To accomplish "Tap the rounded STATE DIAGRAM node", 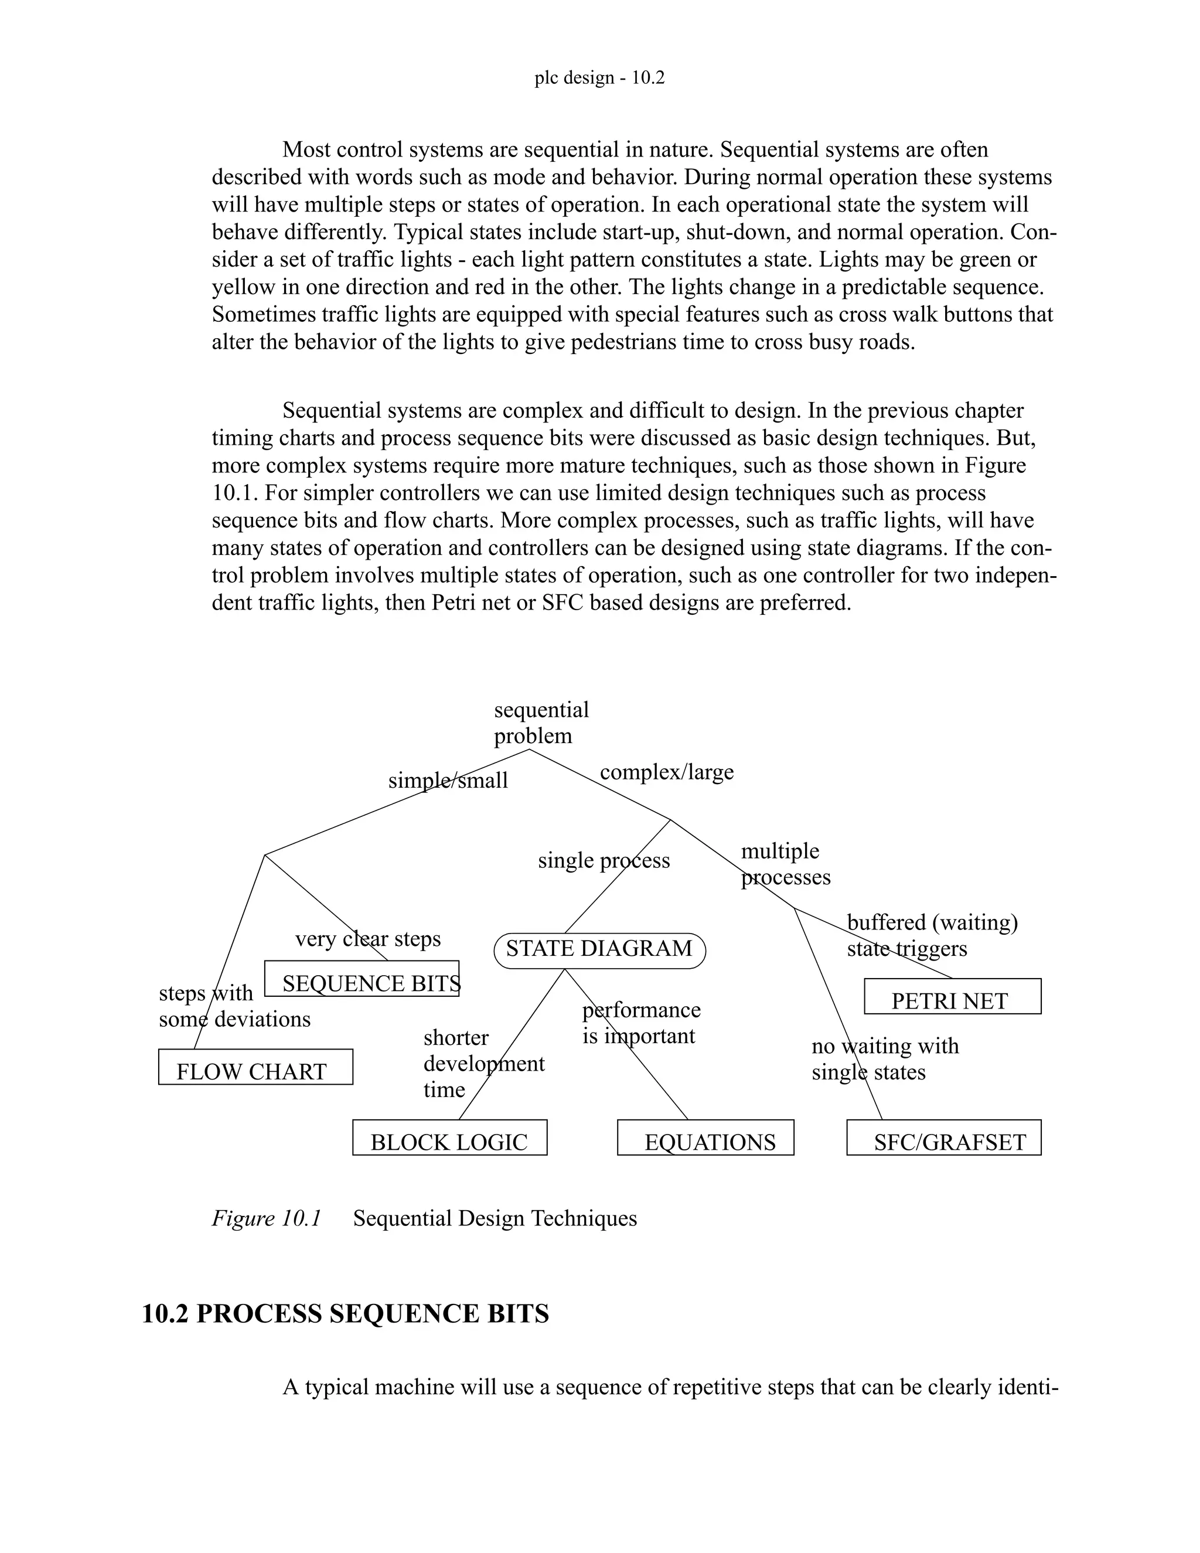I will pos(599,951).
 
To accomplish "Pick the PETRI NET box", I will pos(952,996).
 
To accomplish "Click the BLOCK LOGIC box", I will pos(449,1137).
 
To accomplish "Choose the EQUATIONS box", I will pos(705,1137).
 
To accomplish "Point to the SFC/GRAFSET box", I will pos(943,1137).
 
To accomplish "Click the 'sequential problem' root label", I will pos(540,723).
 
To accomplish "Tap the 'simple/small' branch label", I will pos(448,781).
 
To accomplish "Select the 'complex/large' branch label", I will pos(666,772).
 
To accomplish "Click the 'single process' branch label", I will pos(604,860).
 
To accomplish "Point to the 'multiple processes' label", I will pos(785,864).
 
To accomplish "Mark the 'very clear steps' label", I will pos(367,939).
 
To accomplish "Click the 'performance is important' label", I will pos(640,1023).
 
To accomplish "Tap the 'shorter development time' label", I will pos(483,1063).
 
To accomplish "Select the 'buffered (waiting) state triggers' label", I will pos(931,935).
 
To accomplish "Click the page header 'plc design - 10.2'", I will pos(599,77).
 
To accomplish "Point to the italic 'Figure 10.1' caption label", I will pos(267,1218).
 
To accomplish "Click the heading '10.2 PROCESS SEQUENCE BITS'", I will pos(346,1313).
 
